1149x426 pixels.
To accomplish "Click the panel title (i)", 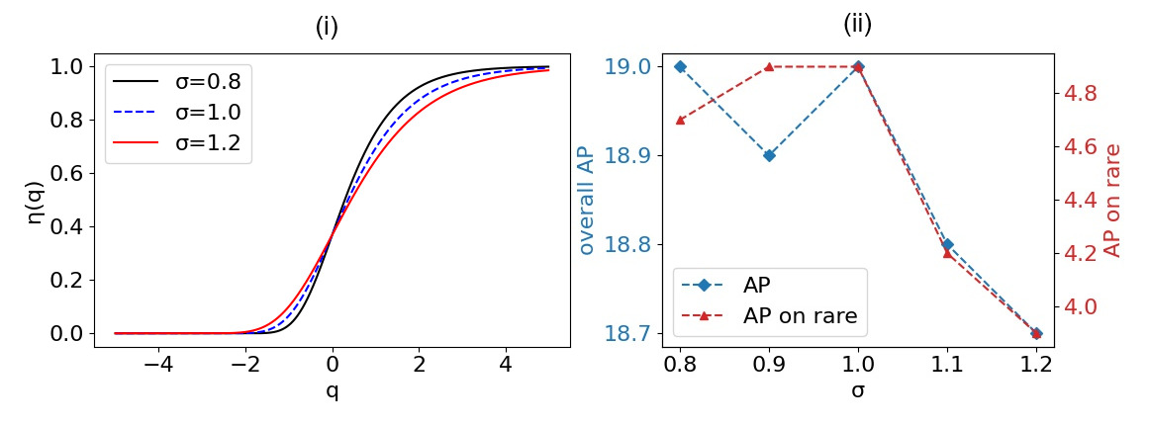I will pos(327,27).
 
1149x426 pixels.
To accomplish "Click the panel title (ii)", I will pos(857,24).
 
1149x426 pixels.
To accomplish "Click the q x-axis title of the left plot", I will pos(332,389).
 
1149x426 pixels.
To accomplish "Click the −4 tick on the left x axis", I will pos(158,363).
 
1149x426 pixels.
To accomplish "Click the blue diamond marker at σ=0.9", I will pos(769,155).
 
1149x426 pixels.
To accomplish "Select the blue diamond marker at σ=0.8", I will pos(680,66).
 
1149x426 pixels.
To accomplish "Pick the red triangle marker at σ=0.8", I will pos(680,120).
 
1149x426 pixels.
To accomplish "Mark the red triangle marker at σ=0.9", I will pos(769,66).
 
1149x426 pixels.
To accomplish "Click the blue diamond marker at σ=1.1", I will pos(947,244).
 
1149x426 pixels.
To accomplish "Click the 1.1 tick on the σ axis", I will pos(947,363).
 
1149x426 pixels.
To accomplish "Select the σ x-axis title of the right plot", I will pos(858,389).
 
